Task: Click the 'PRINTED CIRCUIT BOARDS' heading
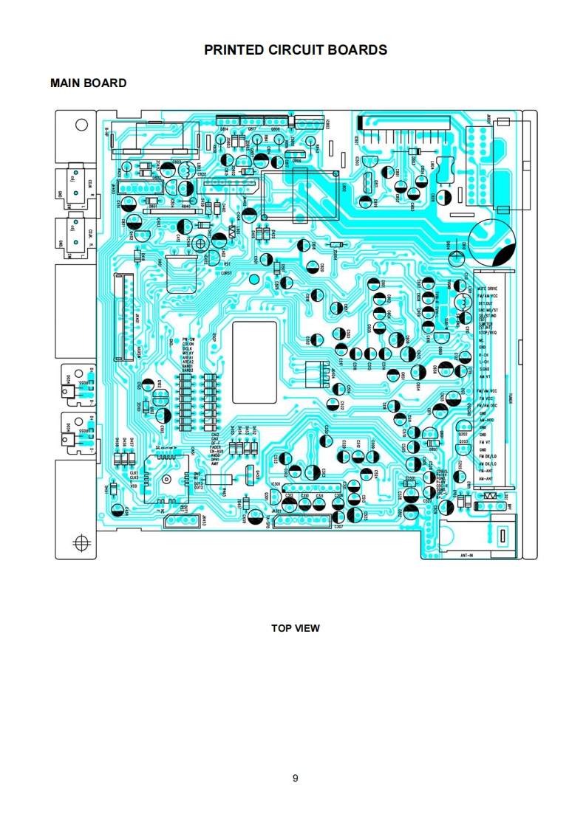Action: point(296,50)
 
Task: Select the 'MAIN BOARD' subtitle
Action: point(88,83)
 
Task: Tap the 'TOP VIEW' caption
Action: point(295,628)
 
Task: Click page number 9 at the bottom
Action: point(295,778)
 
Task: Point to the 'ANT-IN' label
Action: point(466,553)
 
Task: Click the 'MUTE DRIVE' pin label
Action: point(487,289)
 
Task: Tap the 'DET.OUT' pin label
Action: point(485,303)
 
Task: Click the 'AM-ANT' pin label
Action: point(486,479)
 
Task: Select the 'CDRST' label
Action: point(226,273)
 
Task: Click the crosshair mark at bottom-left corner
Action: point(81,544)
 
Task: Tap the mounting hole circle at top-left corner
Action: point(81,125)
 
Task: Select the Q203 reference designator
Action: point(463,441)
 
